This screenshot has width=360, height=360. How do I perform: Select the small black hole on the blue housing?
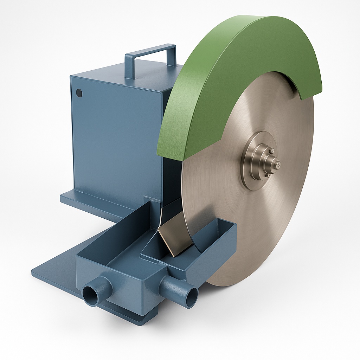(79, 93)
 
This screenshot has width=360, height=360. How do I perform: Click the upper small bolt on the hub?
(271, 151)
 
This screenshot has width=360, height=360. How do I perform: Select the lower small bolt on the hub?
(268, 175)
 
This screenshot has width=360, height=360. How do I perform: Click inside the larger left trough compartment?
(116, 243)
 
